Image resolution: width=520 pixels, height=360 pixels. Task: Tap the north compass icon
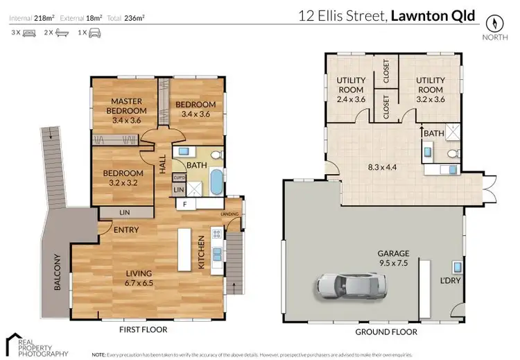(x=493, y=22)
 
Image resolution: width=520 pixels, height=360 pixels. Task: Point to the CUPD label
(x=178, y=177)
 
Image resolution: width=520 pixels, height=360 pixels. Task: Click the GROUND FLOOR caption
(x=387, y=332)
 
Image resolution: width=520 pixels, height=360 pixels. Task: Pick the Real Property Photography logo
(x=33, y=345)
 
